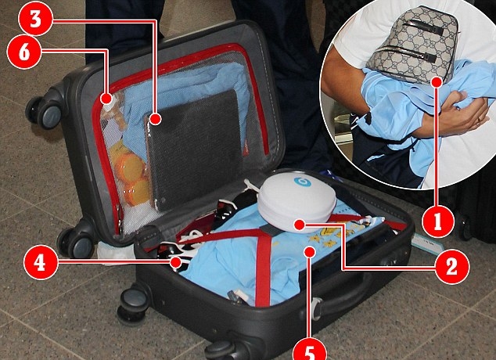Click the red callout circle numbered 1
(x=438, y=222)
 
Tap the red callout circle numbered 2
(x=451, y=267)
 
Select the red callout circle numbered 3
(x=35, y=20)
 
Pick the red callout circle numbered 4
(x=40, y=263)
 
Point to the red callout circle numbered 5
(x=309, y=350)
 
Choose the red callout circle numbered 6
(x=24, y=52)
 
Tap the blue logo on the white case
(x=302, y=182)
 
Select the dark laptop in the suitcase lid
(x=193, y=149)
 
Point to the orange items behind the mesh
(x=131, y=173)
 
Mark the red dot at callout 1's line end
(x=437, y=82)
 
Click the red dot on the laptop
(x=156, y=119)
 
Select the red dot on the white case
(x=299, y=225)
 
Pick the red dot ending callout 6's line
(x=106, y=98)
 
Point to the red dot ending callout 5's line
(x=310, y=252)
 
